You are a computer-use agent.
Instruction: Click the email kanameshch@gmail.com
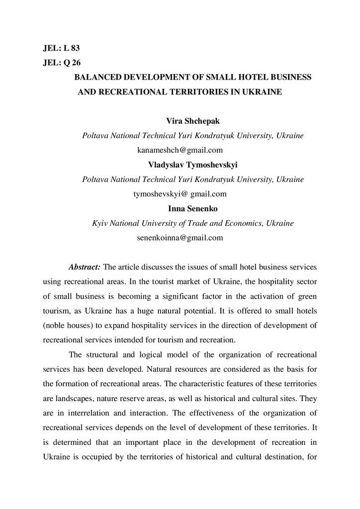click(180, 150)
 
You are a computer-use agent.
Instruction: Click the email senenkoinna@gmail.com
click(180, 238)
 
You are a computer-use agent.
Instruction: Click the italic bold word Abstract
click(85, 267)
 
